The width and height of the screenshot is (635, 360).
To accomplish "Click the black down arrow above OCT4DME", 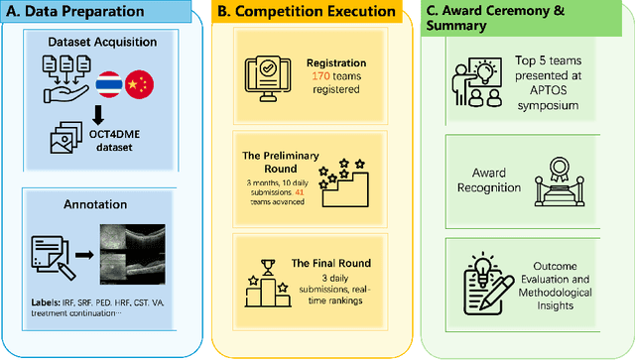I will click(99, 111).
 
